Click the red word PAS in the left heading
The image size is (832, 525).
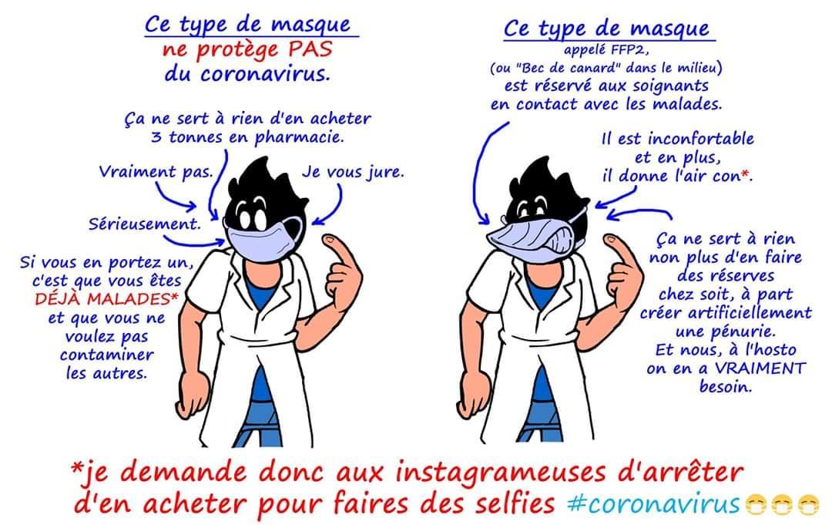click(310, 49)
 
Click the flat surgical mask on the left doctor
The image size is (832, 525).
click(263, 237)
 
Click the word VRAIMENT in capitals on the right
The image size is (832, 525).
click(760, 368)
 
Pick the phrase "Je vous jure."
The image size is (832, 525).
click(353, 172)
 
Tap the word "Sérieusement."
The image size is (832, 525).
click(145, 224)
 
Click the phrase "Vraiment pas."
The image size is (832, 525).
click(156, 172)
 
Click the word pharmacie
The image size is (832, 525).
click(299, 138)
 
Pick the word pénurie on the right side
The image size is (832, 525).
click(726, 331)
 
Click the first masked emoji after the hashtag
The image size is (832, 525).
click(756, 505)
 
